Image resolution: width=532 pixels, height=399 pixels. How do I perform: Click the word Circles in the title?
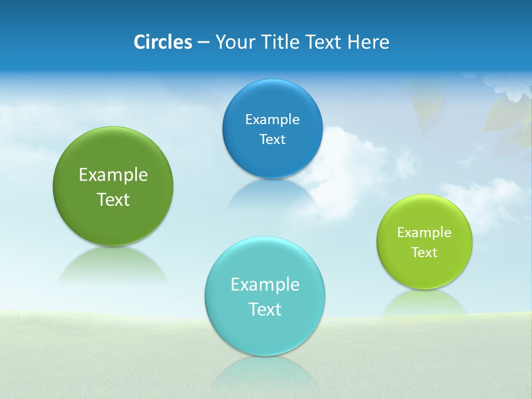[162, 42]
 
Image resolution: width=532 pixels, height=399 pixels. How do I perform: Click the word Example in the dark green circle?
[113, 175]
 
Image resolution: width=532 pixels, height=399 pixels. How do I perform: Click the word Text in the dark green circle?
[113, 199]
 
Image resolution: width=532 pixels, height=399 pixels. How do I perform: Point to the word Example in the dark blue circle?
[272, 120]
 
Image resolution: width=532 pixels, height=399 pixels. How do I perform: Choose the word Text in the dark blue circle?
[272, 139]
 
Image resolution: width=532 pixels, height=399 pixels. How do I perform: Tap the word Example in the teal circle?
[265, 285]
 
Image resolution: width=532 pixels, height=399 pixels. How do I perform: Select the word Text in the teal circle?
[265, 309]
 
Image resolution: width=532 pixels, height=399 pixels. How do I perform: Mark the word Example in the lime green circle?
[424, 233]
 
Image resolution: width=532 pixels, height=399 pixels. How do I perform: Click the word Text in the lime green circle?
[424, 253]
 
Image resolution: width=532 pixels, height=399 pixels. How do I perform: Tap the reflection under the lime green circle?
[424, 302]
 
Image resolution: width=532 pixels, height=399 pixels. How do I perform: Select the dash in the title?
[203, 42]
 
